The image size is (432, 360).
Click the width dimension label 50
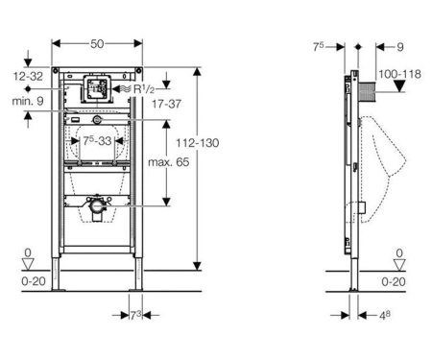point(97,43)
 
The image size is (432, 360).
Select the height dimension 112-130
point(198,143)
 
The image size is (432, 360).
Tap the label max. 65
point(169,162)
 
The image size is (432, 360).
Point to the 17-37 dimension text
point(166,104)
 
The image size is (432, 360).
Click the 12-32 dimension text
point(28,76)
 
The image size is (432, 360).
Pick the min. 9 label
point(28,101)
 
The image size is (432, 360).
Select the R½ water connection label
point(144,89)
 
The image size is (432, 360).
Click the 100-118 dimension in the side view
point(399,74)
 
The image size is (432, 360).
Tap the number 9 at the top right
point(400,47)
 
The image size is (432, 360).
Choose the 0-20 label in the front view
point(34,281)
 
